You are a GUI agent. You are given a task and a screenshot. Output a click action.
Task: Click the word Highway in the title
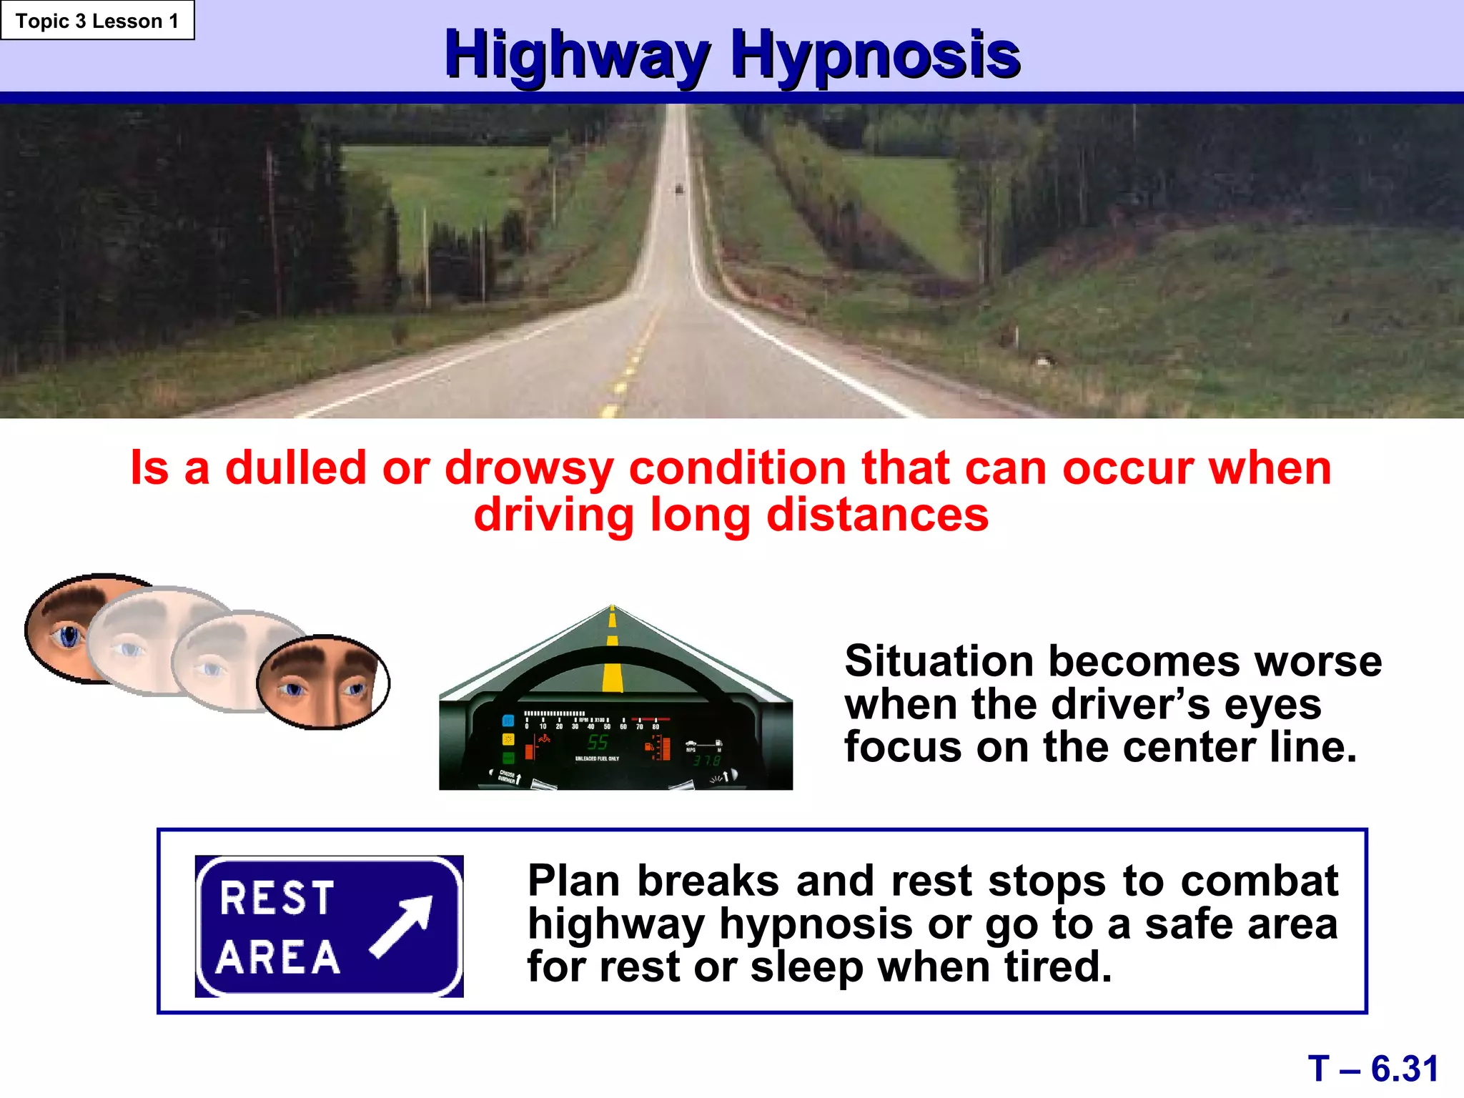click(x=576, y=56)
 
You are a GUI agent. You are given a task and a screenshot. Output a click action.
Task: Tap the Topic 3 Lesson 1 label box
click(x=97, y=21)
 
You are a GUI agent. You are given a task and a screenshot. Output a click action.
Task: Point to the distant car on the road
click(x=679, y=188)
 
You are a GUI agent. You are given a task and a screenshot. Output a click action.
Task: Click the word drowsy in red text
click(x=529, y=470)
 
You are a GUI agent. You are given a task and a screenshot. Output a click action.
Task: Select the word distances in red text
click(x=877, y=515)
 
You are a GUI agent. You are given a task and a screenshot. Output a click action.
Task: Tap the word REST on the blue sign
click(x=277, y=898)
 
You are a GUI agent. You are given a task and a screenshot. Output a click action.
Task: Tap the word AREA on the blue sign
click(x=278, y=958)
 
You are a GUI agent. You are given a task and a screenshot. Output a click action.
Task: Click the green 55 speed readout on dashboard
click(x=598, y=742)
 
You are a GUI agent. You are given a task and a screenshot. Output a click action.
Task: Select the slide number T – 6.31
click(x=1372, y=1069)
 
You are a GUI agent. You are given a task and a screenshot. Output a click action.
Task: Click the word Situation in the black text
click(x=939, y=661)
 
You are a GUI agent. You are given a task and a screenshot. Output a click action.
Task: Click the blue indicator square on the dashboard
click(x=508, y=721)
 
